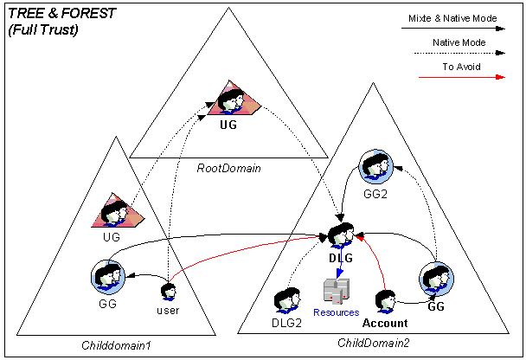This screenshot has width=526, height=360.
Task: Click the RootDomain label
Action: [x=228, y=168]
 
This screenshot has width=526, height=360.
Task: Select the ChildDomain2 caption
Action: [x=373, y=344]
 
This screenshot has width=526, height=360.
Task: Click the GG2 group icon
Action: [x=375, y=167]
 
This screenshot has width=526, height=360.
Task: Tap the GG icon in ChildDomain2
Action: [x=435, y=280]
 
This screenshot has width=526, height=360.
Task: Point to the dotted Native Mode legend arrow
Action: [x=459, y=52]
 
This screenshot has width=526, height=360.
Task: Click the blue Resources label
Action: [x=336, y=312]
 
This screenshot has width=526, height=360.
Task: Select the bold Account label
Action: [x=385, y=323]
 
